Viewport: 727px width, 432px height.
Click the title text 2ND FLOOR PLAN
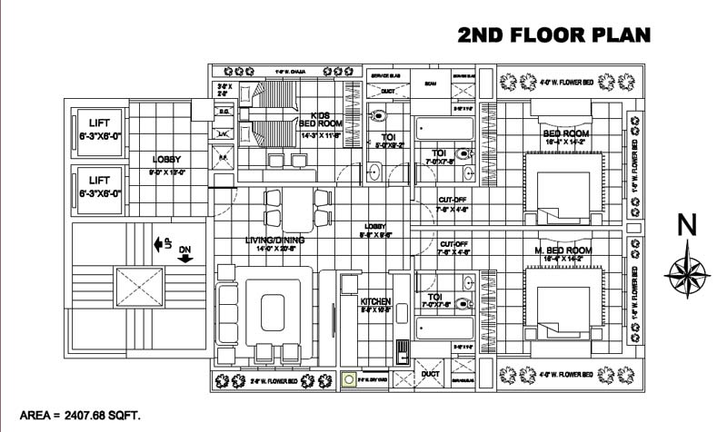tap(554, 35)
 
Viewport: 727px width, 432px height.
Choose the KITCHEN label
tap(375, 302)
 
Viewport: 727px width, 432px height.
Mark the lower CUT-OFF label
tap(453, 244)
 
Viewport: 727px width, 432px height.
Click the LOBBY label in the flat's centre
tap(375, 227)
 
